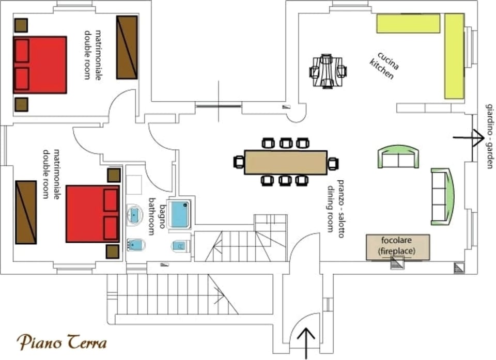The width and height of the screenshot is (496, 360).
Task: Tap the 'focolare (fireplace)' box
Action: coord(398,247)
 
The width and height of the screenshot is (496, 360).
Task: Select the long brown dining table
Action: coord(286,162)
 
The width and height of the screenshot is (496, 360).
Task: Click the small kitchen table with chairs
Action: coord(328,71)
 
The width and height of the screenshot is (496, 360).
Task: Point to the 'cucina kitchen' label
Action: coord(384,65)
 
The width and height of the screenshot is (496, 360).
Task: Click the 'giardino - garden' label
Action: coord(490,136)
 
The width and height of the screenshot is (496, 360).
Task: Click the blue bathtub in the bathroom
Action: coord(180,214)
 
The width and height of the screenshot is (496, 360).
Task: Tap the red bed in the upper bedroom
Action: coord(40,65)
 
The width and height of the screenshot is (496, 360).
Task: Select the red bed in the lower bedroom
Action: coord(92,214)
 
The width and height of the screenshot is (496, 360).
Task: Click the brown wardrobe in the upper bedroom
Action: coord(127,47)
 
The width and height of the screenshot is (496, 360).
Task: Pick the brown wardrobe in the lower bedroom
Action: coord(26,212)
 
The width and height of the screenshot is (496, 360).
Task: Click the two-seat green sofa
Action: coord(398,156)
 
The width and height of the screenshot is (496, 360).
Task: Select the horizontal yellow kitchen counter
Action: coord(408,23)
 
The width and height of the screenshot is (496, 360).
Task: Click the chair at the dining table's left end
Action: coord(239,162)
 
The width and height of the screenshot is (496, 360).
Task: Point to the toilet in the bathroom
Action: coord(181,246)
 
